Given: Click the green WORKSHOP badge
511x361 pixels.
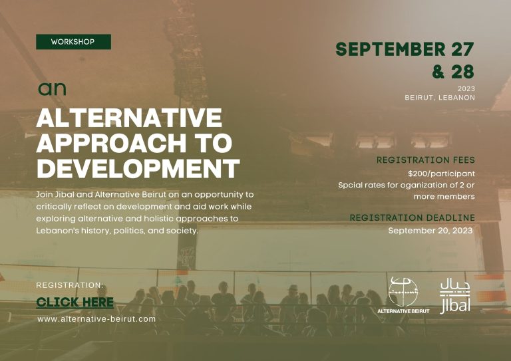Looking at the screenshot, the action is [x=73, y=42].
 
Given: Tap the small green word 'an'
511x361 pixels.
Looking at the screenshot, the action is [x=52, y=88].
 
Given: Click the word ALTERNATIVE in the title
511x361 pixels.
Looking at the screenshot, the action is [x=129, y=118].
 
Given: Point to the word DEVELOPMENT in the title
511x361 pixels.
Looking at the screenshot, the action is [x=138, y=168].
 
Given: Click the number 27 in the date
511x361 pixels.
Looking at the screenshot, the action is [x=462, y=49].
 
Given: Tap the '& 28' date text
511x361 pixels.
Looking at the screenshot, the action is [x=453, y=72].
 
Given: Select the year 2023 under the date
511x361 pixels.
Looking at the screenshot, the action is [x=466, y=88].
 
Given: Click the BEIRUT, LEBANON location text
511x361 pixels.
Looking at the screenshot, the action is [x=440, y=98].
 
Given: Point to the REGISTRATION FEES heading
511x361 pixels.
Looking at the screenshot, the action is [x=426, y=160].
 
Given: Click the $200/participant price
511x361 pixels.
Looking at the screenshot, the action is [x=441, y=174].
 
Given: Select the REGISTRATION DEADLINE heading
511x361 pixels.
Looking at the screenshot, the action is [x=413, y=218].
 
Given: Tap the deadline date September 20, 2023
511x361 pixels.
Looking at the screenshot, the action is [x=430, y=231].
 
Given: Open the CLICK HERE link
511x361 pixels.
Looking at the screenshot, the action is [x=75, y=302].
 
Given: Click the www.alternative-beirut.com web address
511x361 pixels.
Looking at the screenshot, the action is [x=96, y=319].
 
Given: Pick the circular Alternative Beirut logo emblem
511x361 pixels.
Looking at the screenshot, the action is [x=403, y=291].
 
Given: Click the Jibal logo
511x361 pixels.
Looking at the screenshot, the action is [x=455, y=297].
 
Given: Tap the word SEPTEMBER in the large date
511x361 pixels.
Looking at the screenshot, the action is [x=391, y=49].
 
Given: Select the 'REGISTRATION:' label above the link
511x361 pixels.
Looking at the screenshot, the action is [x=70, y=285].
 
